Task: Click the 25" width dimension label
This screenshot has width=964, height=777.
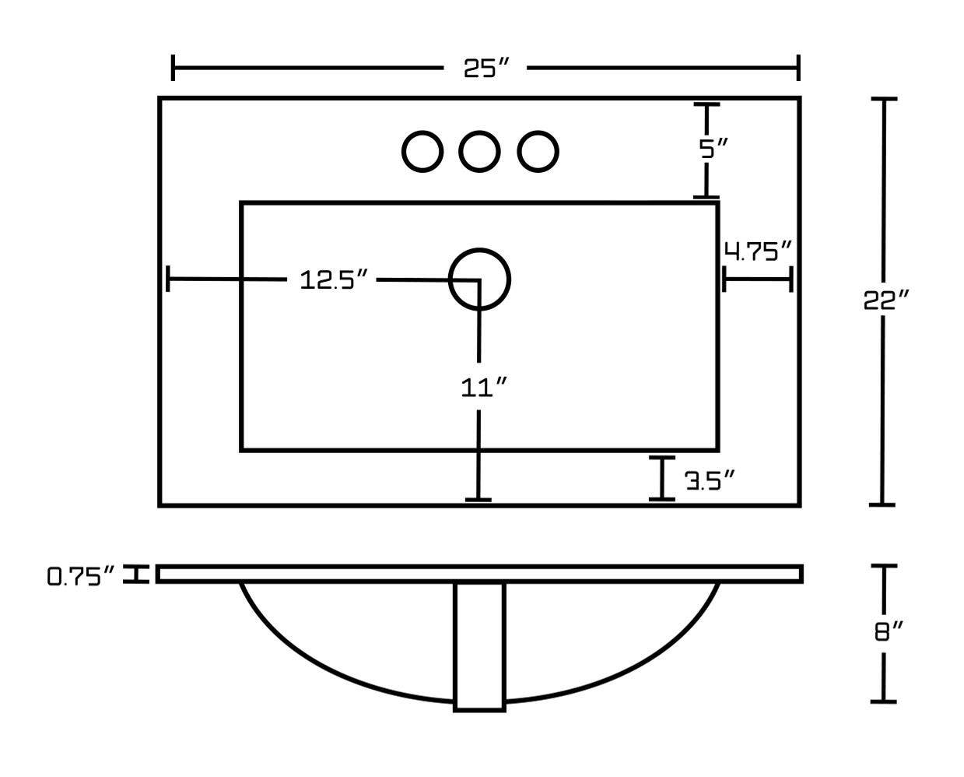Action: point(486,69)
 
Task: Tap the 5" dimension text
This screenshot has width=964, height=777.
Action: point(713,149)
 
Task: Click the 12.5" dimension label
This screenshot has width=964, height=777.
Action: point(334,280)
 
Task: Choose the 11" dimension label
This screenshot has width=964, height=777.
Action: point(484,388)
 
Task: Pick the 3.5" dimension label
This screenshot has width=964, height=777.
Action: point(710,481)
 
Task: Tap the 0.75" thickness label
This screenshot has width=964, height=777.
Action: point(81,576)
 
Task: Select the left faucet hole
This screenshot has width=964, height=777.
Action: point(422,152)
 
